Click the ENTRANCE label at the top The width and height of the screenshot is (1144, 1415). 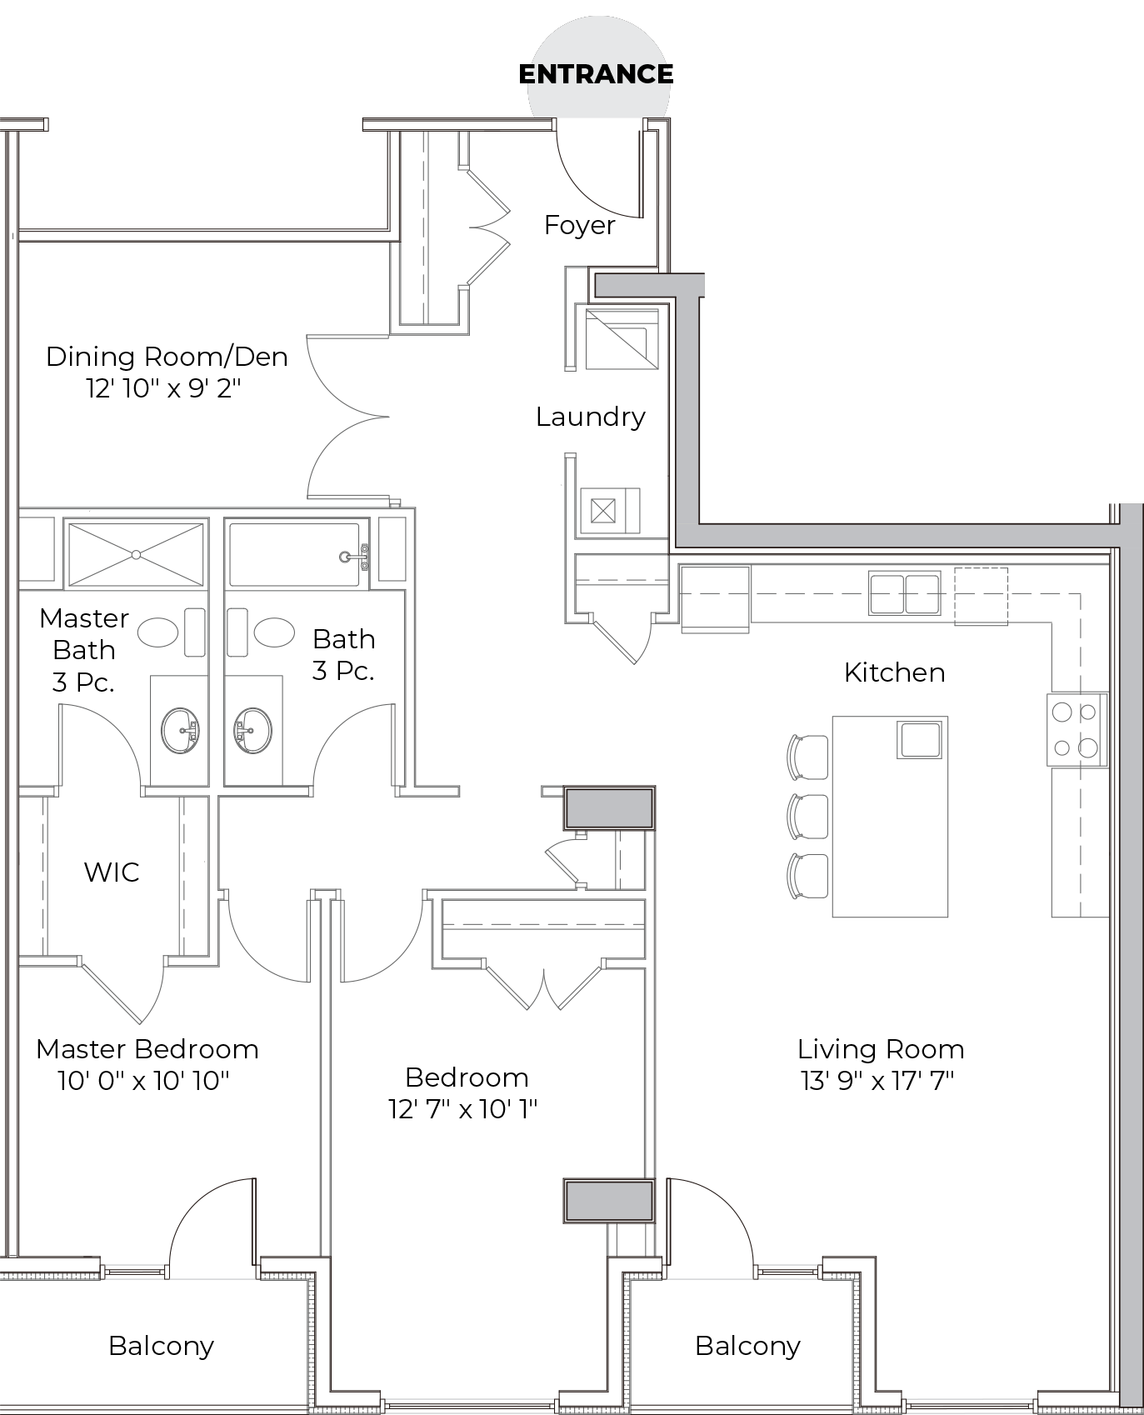pyautogui.click(x=596, y=74)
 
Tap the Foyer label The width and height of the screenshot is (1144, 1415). pyautogui.click(x=580, y=225)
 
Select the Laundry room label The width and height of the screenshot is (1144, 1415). pyautogui.click(x=591, y=417)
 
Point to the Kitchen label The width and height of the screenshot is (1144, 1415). pyautogui.click(x=894, y=672)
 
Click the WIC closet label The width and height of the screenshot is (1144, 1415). pyautogui.click(x=112, y=872)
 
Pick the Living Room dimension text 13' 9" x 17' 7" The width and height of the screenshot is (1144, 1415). pyautogui.click(x=877, y=1081)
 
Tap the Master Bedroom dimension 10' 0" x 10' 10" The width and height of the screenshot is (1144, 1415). pyautogui.click(x=143, y=1081)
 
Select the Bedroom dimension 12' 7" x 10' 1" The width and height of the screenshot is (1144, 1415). pyautogui.click(x=463, y=1109)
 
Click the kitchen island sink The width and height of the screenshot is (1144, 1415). pyautogui.click(x=919, y=740)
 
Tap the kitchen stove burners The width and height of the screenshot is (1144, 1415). pyautogui.click(x=1076, y=729)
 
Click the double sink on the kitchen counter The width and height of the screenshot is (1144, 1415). pyautogui.click(x=905, y=593)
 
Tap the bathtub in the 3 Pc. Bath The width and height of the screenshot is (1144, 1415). pyautogui.click(x=295, y=554)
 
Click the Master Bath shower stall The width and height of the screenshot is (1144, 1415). pyautogui.click(x=135, y=554)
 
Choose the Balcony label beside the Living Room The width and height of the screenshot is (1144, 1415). pyautogui.click(x=747, y=1346)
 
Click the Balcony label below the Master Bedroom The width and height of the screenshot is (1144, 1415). pyautogui.click(x=161, y=1346)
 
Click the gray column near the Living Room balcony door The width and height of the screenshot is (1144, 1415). pyautogui.click(x=609, y=1201)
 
